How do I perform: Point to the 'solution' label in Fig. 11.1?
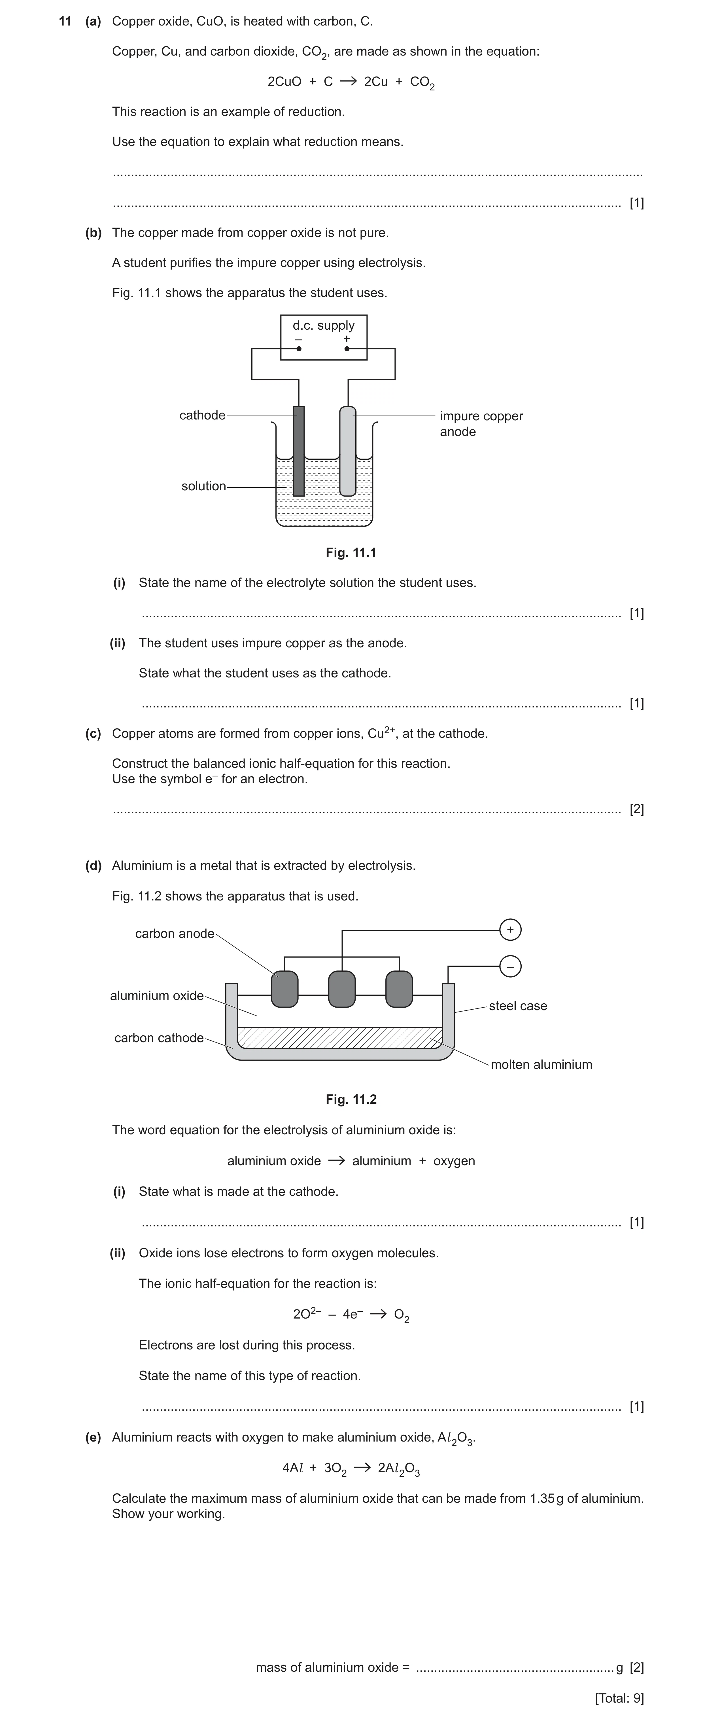[204, 486]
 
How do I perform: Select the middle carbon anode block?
[342, 989]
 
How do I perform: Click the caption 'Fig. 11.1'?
[351, 552]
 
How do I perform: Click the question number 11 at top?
[65, 21]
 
